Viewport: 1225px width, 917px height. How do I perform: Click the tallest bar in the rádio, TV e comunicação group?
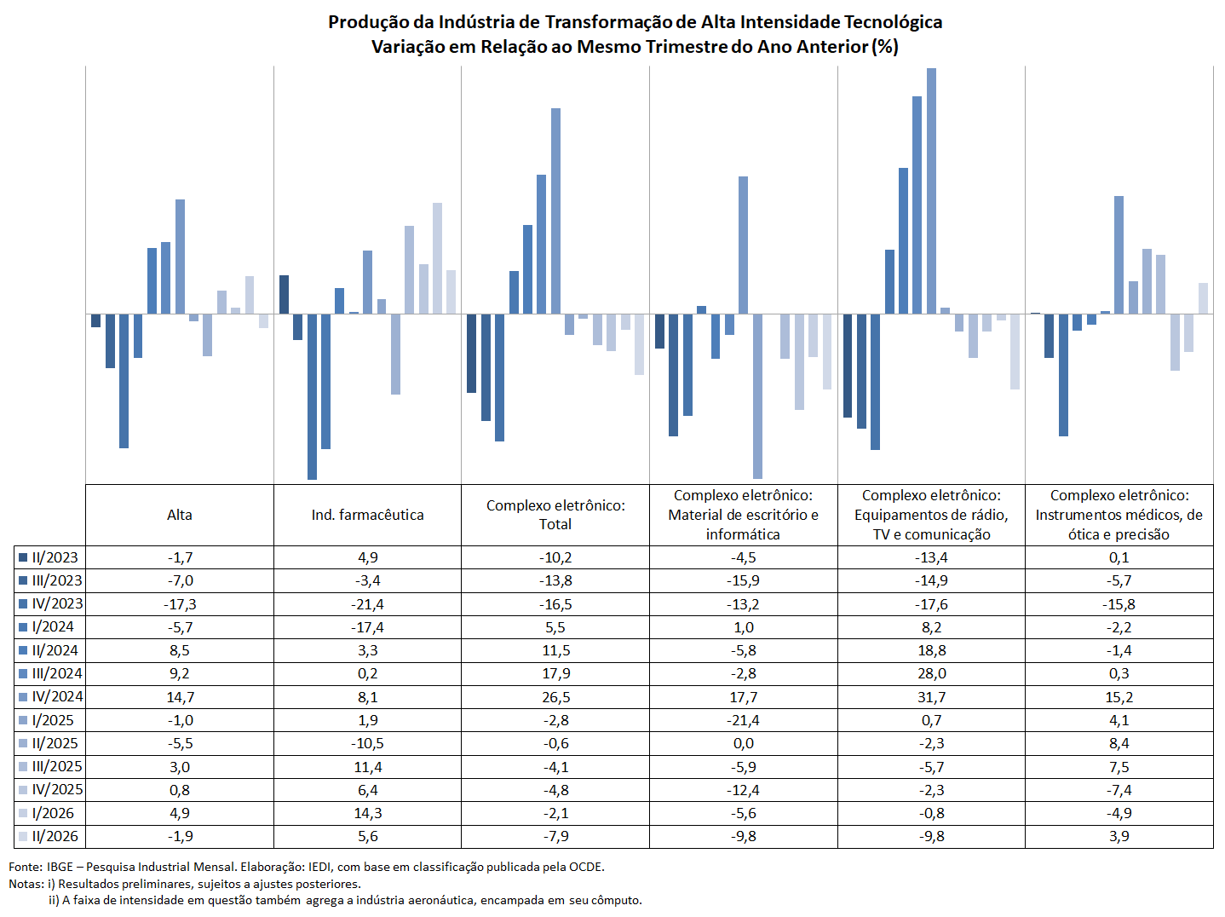(931, 191)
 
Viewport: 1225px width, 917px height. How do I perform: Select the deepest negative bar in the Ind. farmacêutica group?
(312, 397)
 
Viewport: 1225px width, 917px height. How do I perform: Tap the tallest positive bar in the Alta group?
(180, 257)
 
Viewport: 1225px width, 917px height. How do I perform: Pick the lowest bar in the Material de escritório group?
(757, 396)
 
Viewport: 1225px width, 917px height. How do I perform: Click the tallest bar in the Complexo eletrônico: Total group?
(555, 211)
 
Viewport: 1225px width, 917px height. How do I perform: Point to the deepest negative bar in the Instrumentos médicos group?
(1063, 375)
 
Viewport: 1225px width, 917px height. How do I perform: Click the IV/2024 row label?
(57, 696)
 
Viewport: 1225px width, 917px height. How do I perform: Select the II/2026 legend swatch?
(23, 836)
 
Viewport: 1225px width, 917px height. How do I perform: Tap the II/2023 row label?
(55, 557)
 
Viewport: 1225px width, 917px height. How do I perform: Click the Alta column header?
(179, 515)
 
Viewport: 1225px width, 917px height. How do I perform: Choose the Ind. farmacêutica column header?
(367, 515)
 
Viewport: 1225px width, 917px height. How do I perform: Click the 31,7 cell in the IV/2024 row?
(931, 696)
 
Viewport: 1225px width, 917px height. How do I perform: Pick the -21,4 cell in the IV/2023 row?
(367, 604)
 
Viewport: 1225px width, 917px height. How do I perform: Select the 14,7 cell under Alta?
(179, 696)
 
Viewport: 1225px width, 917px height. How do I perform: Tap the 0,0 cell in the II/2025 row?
(743, 743)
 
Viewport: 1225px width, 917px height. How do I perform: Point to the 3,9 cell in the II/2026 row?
(1119, 836)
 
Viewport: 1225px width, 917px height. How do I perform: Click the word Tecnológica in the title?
(893, 22)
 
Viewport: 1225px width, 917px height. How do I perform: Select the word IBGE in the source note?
(60, 867)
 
